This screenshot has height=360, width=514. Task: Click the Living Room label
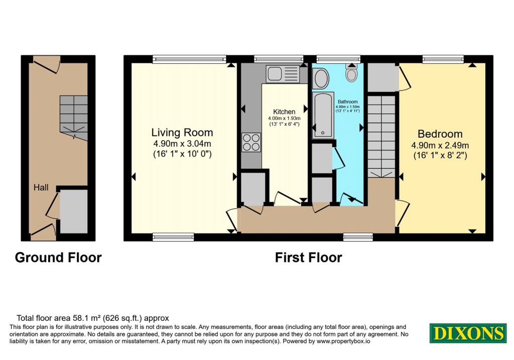pos(182,133)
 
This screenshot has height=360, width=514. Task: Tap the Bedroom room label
pos(440,134)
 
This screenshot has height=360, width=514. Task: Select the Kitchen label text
pos(284,112)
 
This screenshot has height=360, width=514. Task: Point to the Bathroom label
pos(347,102)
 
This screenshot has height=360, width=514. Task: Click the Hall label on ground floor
pos(41,188)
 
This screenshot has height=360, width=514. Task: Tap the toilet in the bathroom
pos(351,73)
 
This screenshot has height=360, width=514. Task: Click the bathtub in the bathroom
pos(323,114)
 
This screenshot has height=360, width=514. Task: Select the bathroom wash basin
pos(321,78)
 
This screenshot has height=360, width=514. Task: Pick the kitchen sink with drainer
pos(283,74)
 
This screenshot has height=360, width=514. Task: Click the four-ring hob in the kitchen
pos(251,142)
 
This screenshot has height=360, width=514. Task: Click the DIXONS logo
pos(468,333)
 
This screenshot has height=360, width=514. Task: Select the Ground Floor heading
pos(58,258)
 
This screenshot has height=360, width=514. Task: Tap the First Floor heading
pos(309,258)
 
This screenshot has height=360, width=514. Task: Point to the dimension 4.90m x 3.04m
pos(182,144)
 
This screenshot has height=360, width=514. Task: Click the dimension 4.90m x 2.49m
pos(440,145)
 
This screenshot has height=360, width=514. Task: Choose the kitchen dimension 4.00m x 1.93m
pos(284,118)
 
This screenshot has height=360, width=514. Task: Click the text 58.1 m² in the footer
pos(86,318)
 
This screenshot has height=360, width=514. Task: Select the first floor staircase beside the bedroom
pos(381,137)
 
